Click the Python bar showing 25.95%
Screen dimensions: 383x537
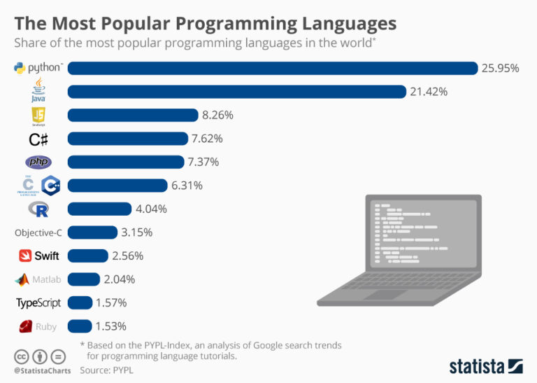point(273,68)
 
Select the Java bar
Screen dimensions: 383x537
point(236,92)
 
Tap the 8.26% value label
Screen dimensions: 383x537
point(217,115)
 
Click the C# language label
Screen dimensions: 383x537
point(38,139)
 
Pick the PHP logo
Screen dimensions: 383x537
point(38,162)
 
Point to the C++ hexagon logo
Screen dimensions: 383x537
point(50,186)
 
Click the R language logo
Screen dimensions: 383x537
point(38,209)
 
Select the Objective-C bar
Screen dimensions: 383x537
point(92,232)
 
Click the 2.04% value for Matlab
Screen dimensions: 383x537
point(120,279)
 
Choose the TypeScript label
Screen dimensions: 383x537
point(38,302)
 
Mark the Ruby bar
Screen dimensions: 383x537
point(80,326)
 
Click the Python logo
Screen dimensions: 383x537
point(38,68)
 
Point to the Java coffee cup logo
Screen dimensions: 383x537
point(38,90)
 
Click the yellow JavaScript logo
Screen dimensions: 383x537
point(38,116)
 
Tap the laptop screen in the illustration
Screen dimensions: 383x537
point(422,235)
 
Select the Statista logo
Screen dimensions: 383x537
point(485,365)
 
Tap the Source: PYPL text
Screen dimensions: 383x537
point(107,368)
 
